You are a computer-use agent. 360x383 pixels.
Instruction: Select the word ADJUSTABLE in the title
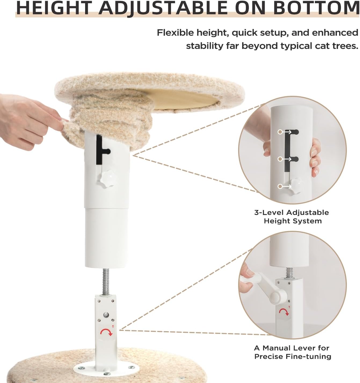coord(162,8)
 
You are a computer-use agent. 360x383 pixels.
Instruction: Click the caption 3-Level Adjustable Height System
coord(292,217)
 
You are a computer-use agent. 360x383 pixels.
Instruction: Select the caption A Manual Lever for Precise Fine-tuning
coord(292,352)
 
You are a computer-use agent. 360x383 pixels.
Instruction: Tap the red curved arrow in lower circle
coord(284,312)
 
